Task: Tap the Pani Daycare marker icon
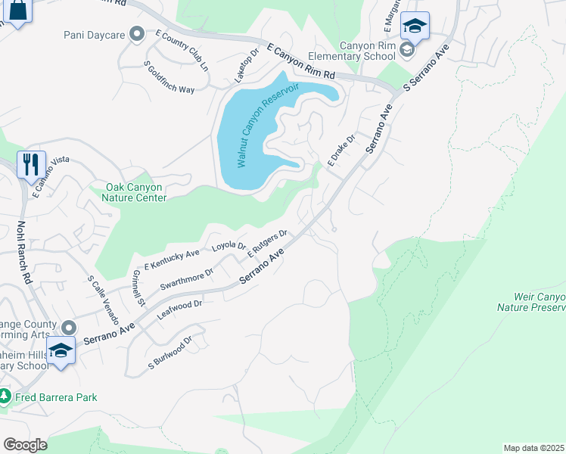click(x=137, y=33)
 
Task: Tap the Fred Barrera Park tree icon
click(x=5, y=396)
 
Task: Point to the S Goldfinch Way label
click(x=170, y=77)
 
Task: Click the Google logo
click(x=25, y=444)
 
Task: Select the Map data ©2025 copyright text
click(x=533, y=448)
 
